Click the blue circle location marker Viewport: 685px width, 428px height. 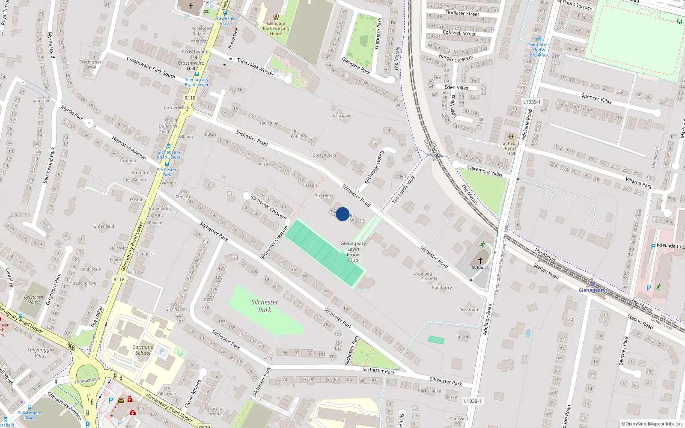(x=342, y=214)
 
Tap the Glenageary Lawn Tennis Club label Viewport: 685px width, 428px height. (x=353, y=252)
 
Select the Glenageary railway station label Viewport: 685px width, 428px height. (x=592, y=290)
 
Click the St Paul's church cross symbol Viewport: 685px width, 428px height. (x=480, y=260)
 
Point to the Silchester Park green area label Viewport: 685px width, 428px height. (x=265, y=306)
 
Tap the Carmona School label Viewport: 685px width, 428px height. (x=143, y=350)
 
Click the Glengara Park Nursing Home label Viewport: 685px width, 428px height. (x=276, y=29)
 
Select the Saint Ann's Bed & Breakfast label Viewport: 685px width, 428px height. (x=539, y=50)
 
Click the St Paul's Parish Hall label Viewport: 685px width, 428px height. (x=511, y=148)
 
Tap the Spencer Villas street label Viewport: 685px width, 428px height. (x=596, y=98)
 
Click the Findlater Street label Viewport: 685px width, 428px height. (x=462, y=13)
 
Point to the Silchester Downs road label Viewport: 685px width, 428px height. (x=374, y=167)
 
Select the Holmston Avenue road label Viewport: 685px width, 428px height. (x=129, y=148)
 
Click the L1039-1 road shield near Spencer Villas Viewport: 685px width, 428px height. (x=532, y=102)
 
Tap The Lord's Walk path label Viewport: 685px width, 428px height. (x=404, y=189)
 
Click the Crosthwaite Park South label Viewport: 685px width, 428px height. (x=151, y=67)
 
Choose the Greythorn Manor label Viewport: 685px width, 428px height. (x=34, y=300)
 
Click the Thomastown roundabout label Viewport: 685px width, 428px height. (x=87, y=380)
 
